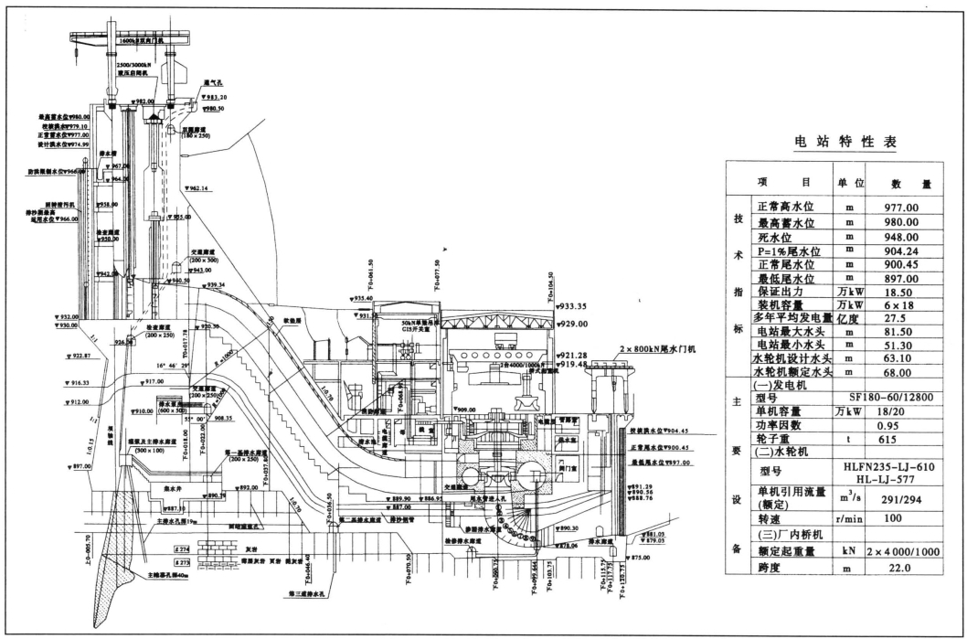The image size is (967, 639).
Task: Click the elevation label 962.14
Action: (197, 189)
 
